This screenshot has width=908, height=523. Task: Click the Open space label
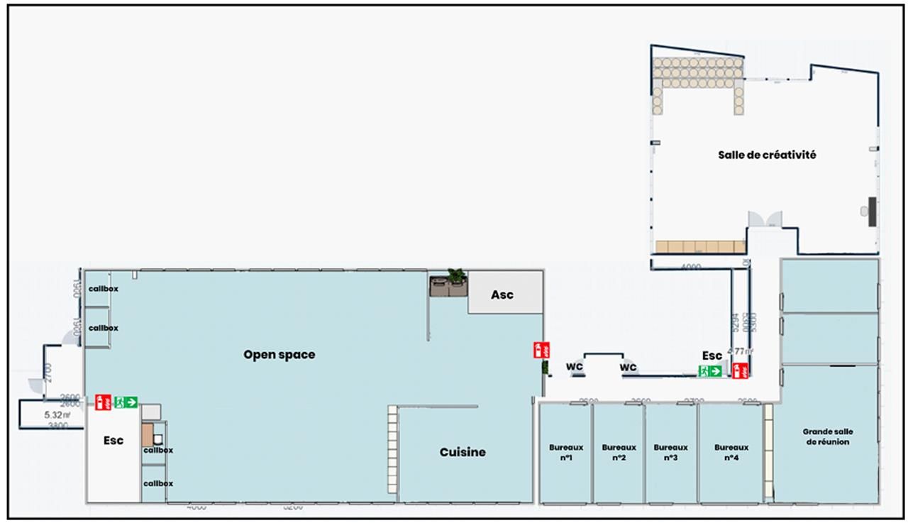[279, 355]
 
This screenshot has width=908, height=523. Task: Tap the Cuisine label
[463, 452]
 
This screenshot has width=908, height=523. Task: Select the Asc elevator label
[502, 294]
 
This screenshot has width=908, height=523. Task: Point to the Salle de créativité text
[767, 155]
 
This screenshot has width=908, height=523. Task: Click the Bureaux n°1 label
[566, 452]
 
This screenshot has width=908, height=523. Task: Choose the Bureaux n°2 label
[619, 452]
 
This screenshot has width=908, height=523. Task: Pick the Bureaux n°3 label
[670, 452]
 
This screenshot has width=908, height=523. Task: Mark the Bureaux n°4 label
[731, 452]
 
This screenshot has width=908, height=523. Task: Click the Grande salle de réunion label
[828, 436]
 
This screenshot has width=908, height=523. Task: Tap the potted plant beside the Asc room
[456, 277]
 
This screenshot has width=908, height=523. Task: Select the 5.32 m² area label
[57, 414]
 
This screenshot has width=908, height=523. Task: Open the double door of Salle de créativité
[765, 219]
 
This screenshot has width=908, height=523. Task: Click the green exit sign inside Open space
[126, 402]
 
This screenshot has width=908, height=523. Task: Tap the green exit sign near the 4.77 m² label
[710, 370]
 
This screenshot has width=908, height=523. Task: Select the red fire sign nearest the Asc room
[541, 350]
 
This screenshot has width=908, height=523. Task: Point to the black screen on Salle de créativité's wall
[872, 211]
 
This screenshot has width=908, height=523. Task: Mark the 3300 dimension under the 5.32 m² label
[57, 426]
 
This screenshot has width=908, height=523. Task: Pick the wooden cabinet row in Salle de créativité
[699, 246]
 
